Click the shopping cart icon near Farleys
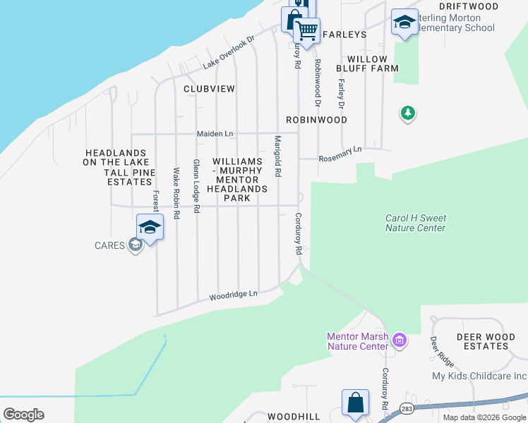pyautogui.click(x=306, y=31)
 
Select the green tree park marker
pyautogui.click(x=407, y=113)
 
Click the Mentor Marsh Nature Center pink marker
pyautogui.click(x=400, y=341)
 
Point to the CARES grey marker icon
pyautogui.click(x=136, y=245)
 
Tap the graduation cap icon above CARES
pyautogui.click(x=150, y=227)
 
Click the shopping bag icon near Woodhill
pyautogui.click(x=356, y=403)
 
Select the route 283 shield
pyautogui.click(x=407, y=408)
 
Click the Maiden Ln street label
pyautogui.click(x=214, y=133)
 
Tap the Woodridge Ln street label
pyautogui.click(x=234, y=295)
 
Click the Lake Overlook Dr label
pyautogui.click(x=228, y=53)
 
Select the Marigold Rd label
pyautogui.click(x=278, y=156)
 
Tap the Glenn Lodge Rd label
pyautogui.click(x=197, y=187)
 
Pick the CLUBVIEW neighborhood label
pyautogui.click(x=209, y=90)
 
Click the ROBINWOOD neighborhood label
pyautogui.click(x=316, y=120)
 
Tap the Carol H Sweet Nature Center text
pyautogui.click(x=415, y=223)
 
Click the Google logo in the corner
pyautogui.click(x=23, y=415)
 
